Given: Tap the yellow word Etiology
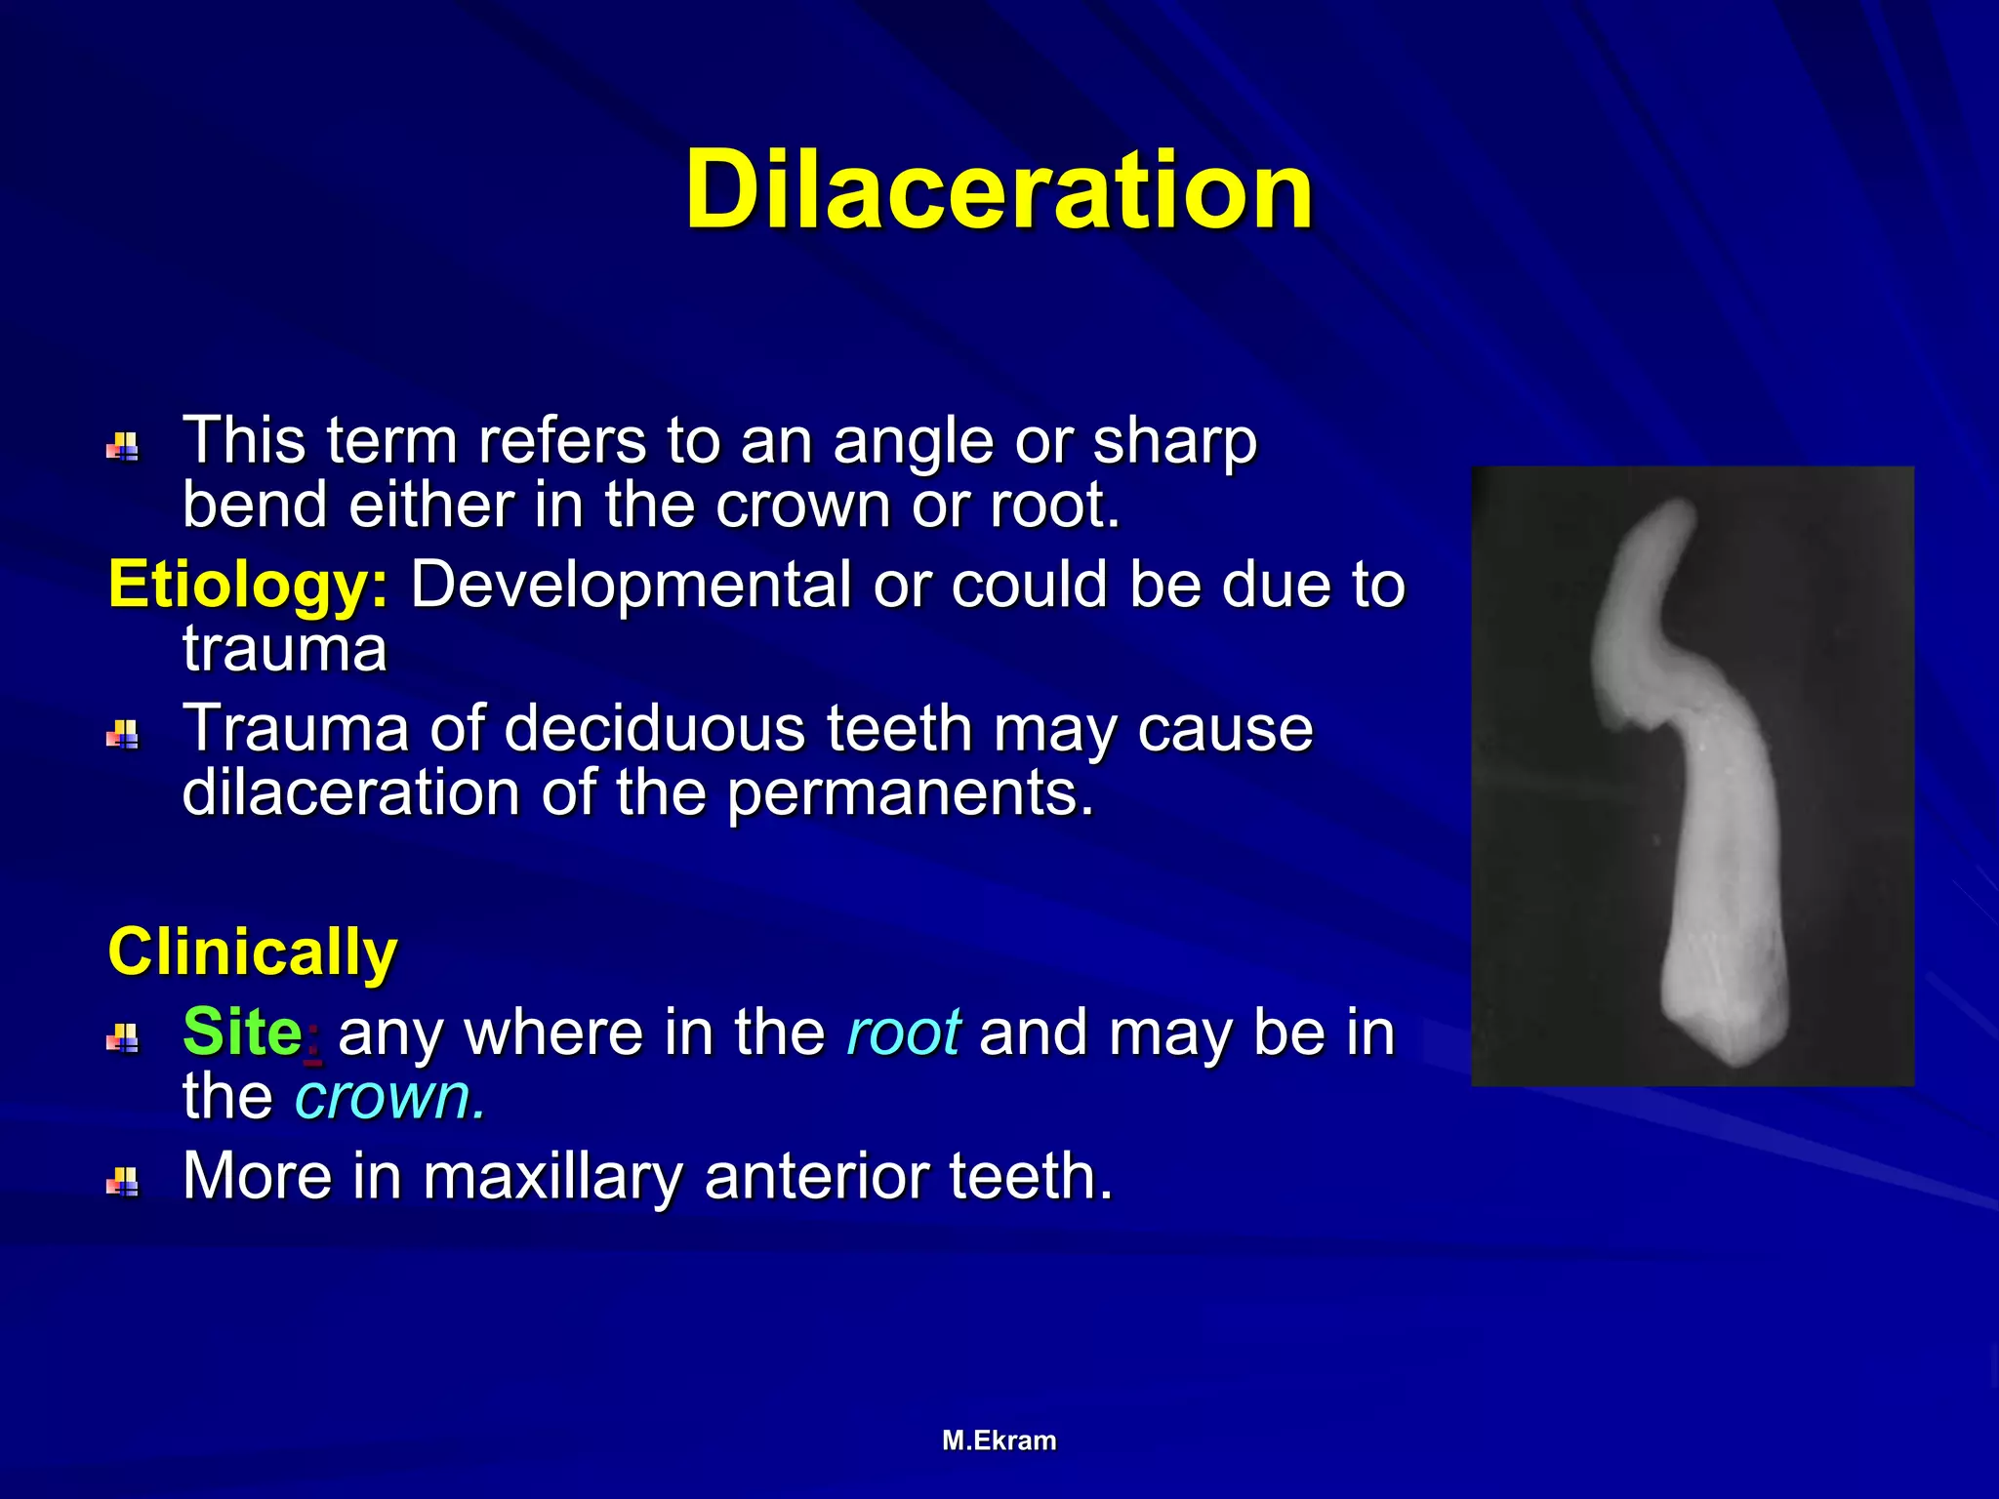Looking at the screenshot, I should click(x=248, y=586).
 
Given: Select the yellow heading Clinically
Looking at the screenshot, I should click(x=253, y=952).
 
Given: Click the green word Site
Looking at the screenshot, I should click(x=242, y=1032).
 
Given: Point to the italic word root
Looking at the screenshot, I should click(x=904, y=1033).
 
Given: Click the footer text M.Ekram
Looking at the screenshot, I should click(x=999, y=1440).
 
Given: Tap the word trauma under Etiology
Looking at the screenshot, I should click(x=284, y=649).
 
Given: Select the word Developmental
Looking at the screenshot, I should click(x=631, y=586).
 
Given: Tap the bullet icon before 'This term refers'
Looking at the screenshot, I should click(x=122, y=448).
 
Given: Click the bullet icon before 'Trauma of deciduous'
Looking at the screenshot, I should click(x=122, y=735).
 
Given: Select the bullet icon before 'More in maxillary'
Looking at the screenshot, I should click(x=122, y=1182).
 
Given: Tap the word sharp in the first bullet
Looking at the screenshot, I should click(x=1174, y=442).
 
